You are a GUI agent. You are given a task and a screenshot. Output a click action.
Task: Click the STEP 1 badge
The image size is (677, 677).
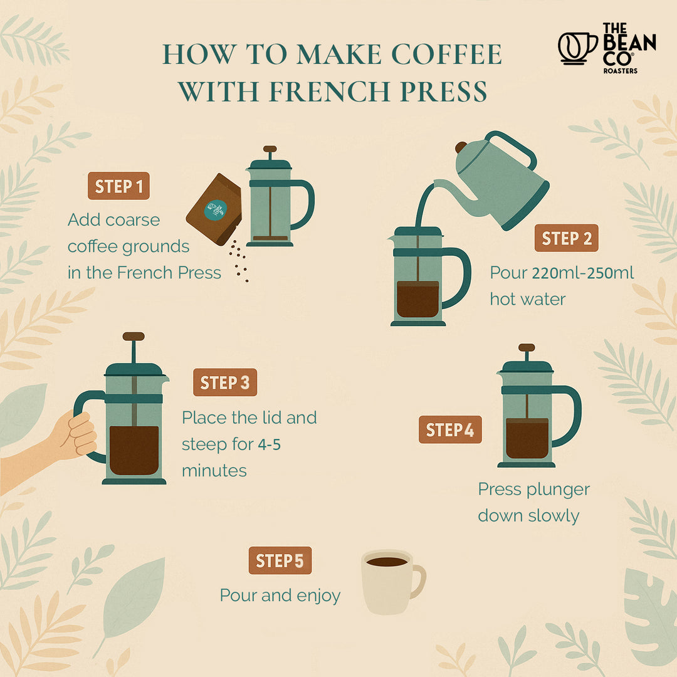point(118,186)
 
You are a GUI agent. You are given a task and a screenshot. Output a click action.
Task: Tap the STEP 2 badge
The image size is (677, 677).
point(567,238)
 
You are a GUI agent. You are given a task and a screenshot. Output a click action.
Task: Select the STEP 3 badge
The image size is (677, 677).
point(225,382)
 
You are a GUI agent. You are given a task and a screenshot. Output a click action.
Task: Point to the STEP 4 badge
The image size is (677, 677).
point(450,429)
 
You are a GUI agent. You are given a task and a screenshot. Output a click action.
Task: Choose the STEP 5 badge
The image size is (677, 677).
point(280,560)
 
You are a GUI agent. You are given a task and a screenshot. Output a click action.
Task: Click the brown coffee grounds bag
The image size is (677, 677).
point(214,209)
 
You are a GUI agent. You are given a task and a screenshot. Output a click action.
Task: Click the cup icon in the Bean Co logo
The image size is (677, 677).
point(577,48)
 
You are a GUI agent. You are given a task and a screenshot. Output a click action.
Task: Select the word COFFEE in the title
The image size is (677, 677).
point(446,55)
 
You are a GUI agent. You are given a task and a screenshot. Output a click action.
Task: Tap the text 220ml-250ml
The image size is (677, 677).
point(583,273)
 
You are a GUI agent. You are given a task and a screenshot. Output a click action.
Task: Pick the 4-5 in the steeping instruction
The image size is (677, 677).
point(270,444)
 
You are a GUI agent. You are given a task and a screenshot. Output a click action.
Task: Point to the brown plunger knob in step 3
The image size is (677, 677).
point(134,337)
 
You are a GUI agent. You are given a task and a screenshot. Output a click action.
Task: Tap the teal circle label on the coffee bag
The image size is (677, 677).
point(216,209)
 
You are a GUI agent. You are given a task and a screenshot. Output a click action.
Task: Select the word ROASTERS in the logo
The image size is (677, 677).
point(620,71)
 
